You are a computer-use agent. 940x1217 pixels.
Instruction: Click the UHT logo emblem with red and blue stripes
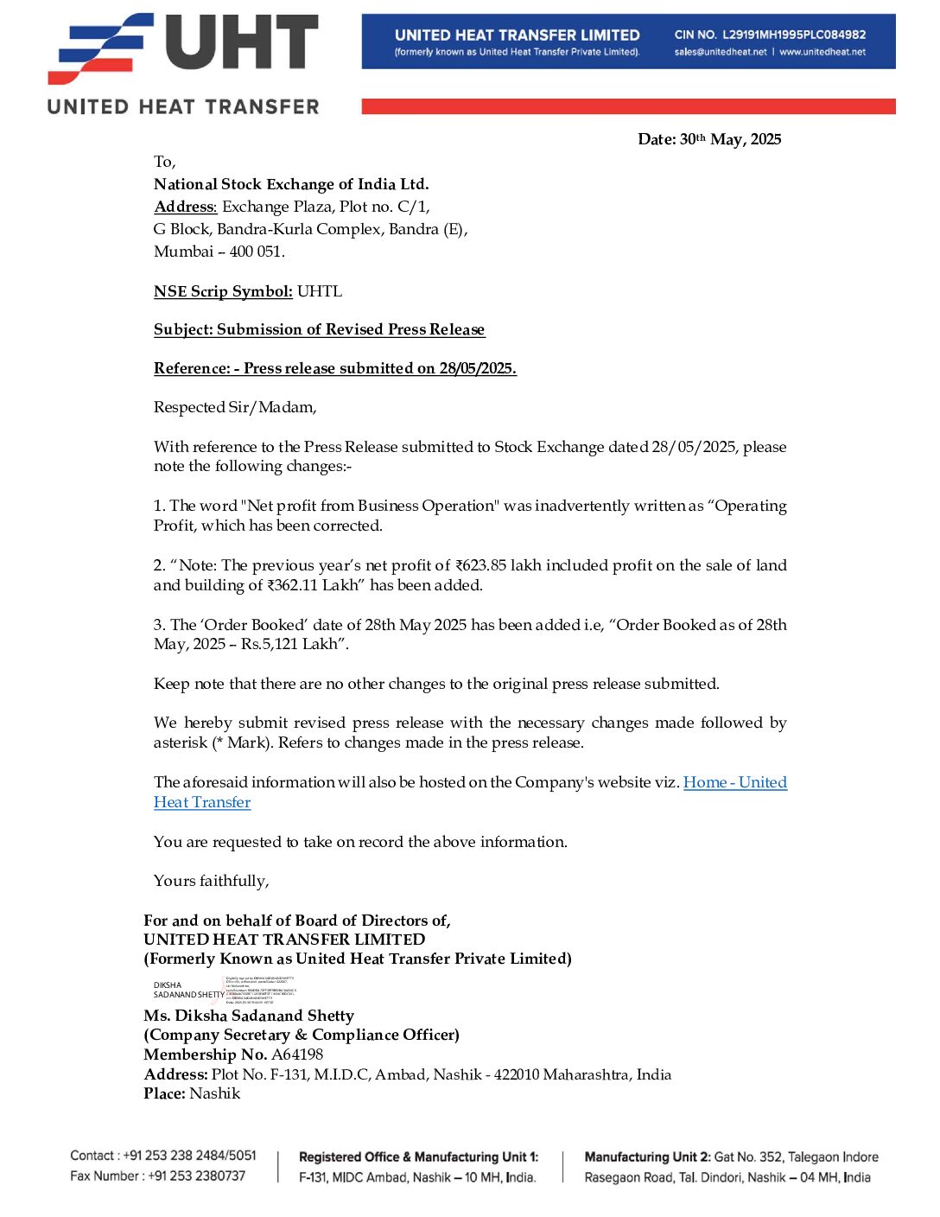[x=99, y=48]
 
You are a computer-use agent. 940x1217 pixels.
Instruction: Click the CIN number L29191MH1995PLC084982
[x=794, y=35]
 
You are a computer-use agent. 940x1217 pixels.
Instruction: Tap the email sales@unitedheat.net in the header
[x=721, y=52]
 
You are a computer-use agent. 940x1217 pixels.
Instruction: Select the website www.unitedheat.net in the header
[x=822, y=52]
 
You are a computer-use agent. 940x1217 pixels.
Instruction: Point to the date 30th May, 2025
[x=730, y=139]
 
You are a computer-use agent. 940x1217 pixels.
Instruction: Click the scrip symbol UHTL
[x=320, y=291]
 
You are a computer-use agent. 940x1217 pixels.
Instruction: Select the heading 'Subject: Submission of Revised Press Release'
[x=319, y=329]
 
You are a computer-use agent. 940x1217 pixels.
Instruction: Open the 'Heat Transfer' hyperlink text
[x=202, y=802]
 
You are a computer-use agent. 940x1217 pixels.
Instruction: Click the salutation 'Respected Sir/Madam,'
[x=235, y=407]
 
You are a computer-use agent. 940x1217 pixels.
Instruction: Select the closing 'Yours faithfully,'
[x=212, y=881]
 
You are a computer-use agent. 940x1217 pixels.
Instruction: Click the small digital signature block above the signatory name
[x=225, y=989]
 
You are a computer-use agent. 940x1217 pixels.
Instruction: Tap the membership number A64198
[x=297, y=1055]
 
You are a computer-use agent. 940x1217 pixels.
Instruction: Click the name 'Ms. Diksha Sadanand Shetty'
[x=249, y=1016]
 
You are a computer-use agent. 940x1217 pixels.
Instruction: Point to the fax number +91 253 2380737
[x=197, y=1176]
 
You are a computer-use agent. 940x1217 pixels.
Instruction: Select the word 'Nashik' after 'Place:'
[x=215, y=1093]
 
